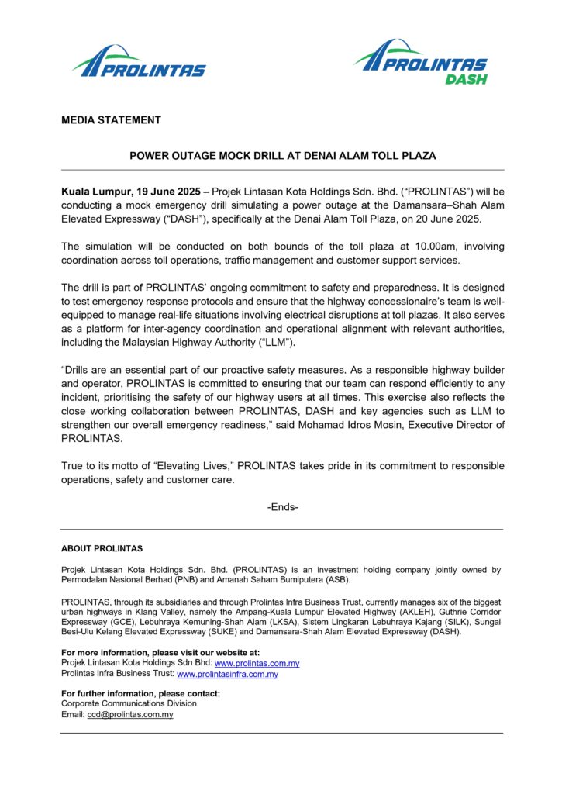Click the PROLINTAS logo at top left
pyautogui.click(x=139, y=61)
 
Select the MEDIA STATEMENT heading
pyautogui.click(x=111, y=120)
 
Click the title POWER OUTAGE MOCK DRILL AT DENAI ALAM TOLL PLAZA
pyautogui.click(x=282, y=156)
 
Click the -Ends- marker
pyautogui.click(x=282, y=507)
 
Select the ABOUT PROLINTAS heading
pyautogui.click(x=102, y=549)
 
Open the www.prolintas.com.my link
pyautogui.click(x=257, y=664)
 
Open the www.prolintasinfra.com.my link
pyautogui.click(x=227, y=675)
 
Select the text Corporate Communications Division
pyautogui.click(x=129, y=703)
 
